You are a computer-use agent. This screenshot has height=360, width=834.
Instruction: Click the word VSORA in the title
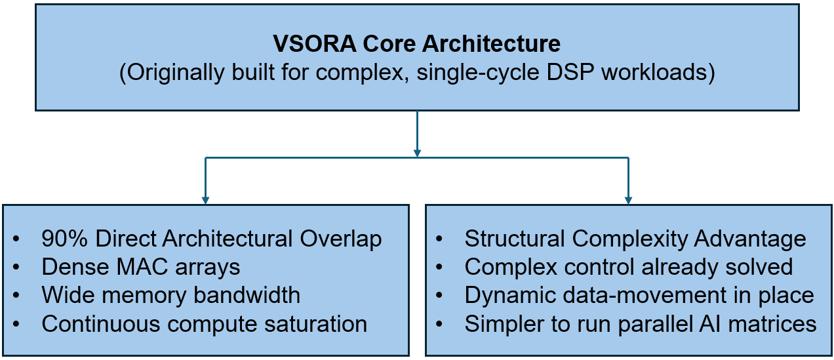(315, 43)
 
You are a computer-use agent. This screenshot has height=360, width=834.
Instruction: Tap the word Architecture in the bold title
(491, 43)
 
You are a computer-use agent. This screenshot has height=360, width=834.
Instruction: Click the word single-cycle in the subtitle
(478, 73)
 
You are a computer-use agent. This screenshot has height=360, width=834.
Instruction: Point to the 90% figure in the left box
(64, 238)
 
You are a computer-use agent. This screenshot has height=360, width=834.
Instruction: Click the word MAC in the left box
(142, 267)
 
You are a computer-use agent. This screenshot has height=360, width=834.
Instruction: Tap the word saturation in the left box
(316, 324)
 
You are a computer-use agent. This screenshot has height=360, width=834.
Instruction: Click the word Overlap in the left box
(341, 239)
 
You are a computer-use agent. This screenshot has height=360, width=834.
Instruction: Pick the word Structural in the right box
(515, 238)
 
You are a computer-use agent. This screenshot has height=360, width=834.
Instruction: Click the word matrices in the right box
(772, 324)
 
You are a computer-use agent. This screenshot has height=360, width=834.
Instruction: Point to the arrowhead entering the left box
(205, 200)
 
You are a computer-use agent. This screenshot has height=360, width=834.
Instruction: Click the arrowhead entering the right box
(629, 200)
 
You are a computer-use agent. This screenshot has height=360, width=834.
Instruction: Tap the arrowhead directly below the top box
(417, 153)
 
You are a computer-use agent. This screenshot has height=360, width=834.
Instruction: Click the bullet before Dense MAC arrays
(16, 268)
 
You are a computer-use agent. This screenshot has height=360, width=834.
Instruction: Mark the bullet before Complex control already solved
(439, 268)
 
